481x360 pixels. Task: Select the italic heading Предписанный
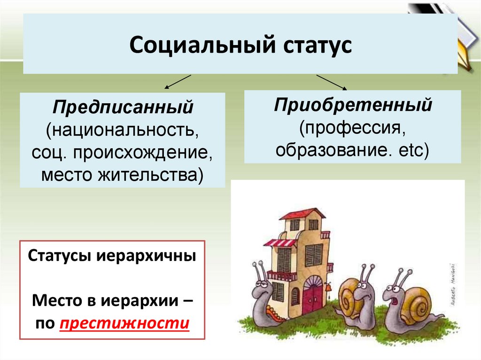coord(123,107)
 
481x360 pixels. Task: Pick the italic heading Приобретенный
coord(353,104)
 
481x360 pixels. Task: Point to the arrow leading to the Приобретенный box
coord(332,82)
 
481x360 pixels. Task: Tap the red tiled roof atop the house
coord(302,214)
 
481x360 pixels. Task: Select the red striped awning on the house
coord(280,243)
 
